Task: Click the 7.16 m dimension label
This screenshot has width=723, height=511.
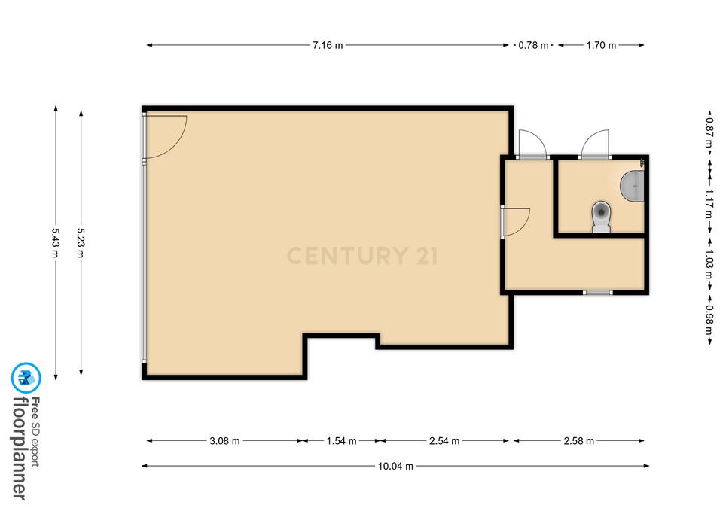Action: (328, 45)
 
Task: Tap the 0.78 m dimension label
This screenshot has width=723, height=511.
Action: (533, 45)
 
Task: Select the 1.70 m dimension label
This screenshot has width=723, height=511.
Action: (601, 45)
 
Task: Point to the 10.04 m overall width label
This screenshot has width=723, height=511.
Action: (395, 466)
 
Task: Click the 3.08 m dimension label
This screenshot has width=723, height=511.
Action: (224, 441)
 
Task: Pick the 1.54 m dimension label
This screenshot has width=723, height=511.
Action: (342, 441)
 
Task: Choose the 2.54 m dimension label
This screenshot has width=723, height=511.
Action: (444, 441)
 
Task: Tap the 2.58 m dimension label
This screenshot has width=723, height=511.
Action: (578, 441)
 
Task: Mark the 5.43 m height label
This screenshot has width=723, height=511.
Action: (56, 243)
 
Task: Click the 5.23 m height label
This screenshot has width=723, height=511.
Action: (81, 243)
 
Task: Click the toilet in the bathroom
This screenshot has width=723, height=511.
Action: (601, 217)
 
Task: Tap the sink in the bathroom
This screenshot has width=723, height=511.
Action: (632, 186)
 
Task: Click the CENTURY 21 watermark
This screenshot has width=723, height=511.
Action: (362, 256)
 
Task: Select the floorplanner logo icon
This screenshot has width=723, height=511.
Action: (26, 378)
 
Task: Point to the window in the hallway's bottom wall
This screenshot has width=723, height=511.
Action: (597, 292)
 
